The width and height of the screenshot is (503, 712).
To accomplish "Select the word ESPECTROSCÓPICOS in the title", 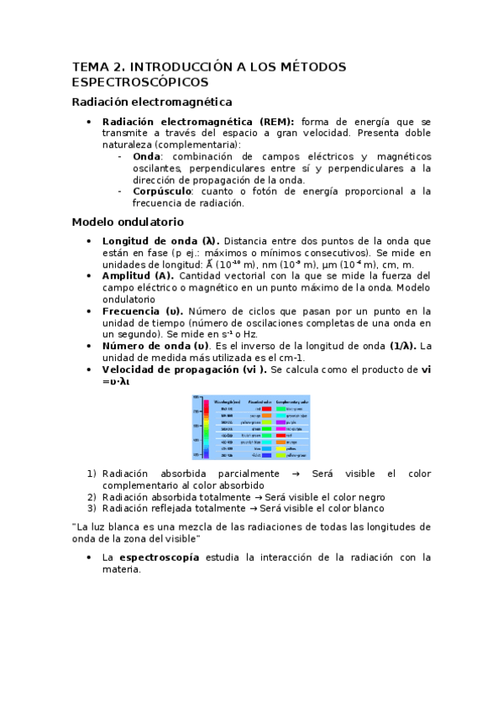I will (x=139, y=82).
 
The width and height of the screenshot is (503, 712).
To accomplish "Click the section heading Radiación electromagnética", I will (x=151, y=102).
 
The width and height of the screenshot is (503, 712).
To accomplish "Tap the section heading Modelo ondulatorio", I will (x=127, y=222).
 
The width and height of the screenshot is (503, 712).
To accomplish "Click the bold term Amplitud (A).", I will (x=138, y=275).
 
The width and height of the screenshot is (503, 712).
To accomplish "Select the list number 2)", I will (x=92, y=496).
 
